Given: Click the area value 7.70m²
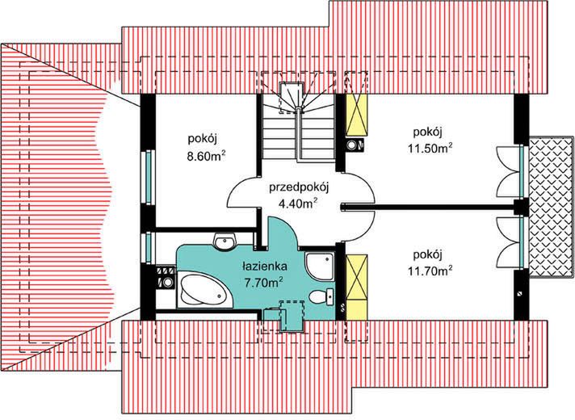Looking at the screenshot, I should tap(263, 282).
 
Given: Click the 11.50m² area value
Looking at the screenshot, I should tap(428, 147).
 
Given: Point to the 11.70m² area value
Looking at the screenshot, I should tap(428, 271).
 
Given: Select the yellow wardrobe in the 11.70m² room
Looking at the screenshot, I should tap(356, 282).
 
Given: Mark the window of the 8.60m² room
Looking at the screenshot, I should tap(148, 174).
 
